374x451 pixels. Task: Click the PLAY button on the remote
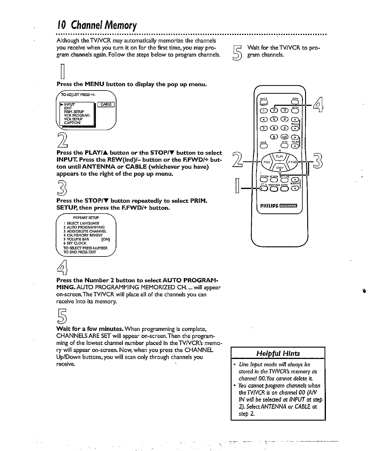pos(279,156)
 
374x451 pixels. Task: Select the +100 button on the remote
pos(285,137)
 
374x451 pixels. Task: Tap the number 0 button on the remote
pos(275,137)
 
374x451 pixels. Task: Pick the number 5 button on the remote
pos(274,120)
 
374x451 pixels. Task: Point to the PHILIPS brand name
pos(269,206)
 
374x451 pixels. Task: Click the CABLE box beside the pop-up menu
pos(106,104)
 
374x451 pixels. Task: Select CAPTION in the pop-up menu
pos(72,123)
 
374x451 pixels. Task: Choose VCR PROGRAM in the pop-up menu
pos(76,115)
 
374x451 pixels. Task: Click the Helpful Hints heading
pos(278,353)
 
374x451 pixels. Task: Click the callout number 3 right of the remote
pos(318,162)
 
